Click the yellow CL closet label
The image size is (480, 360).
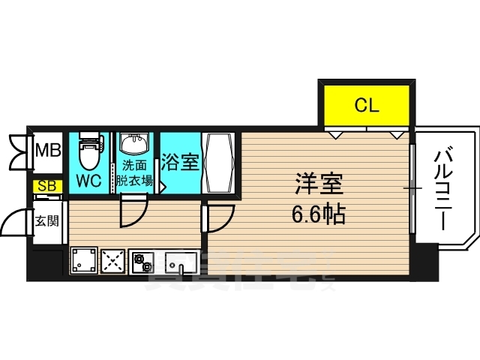[x=367, y=105]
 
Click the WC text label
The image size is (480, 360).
[x=89, y=181]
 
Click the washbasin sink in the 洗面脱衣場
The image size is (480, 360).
[x=136, y=143]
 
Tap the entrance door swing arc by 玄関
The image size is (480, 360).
[x=16, y=223]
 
